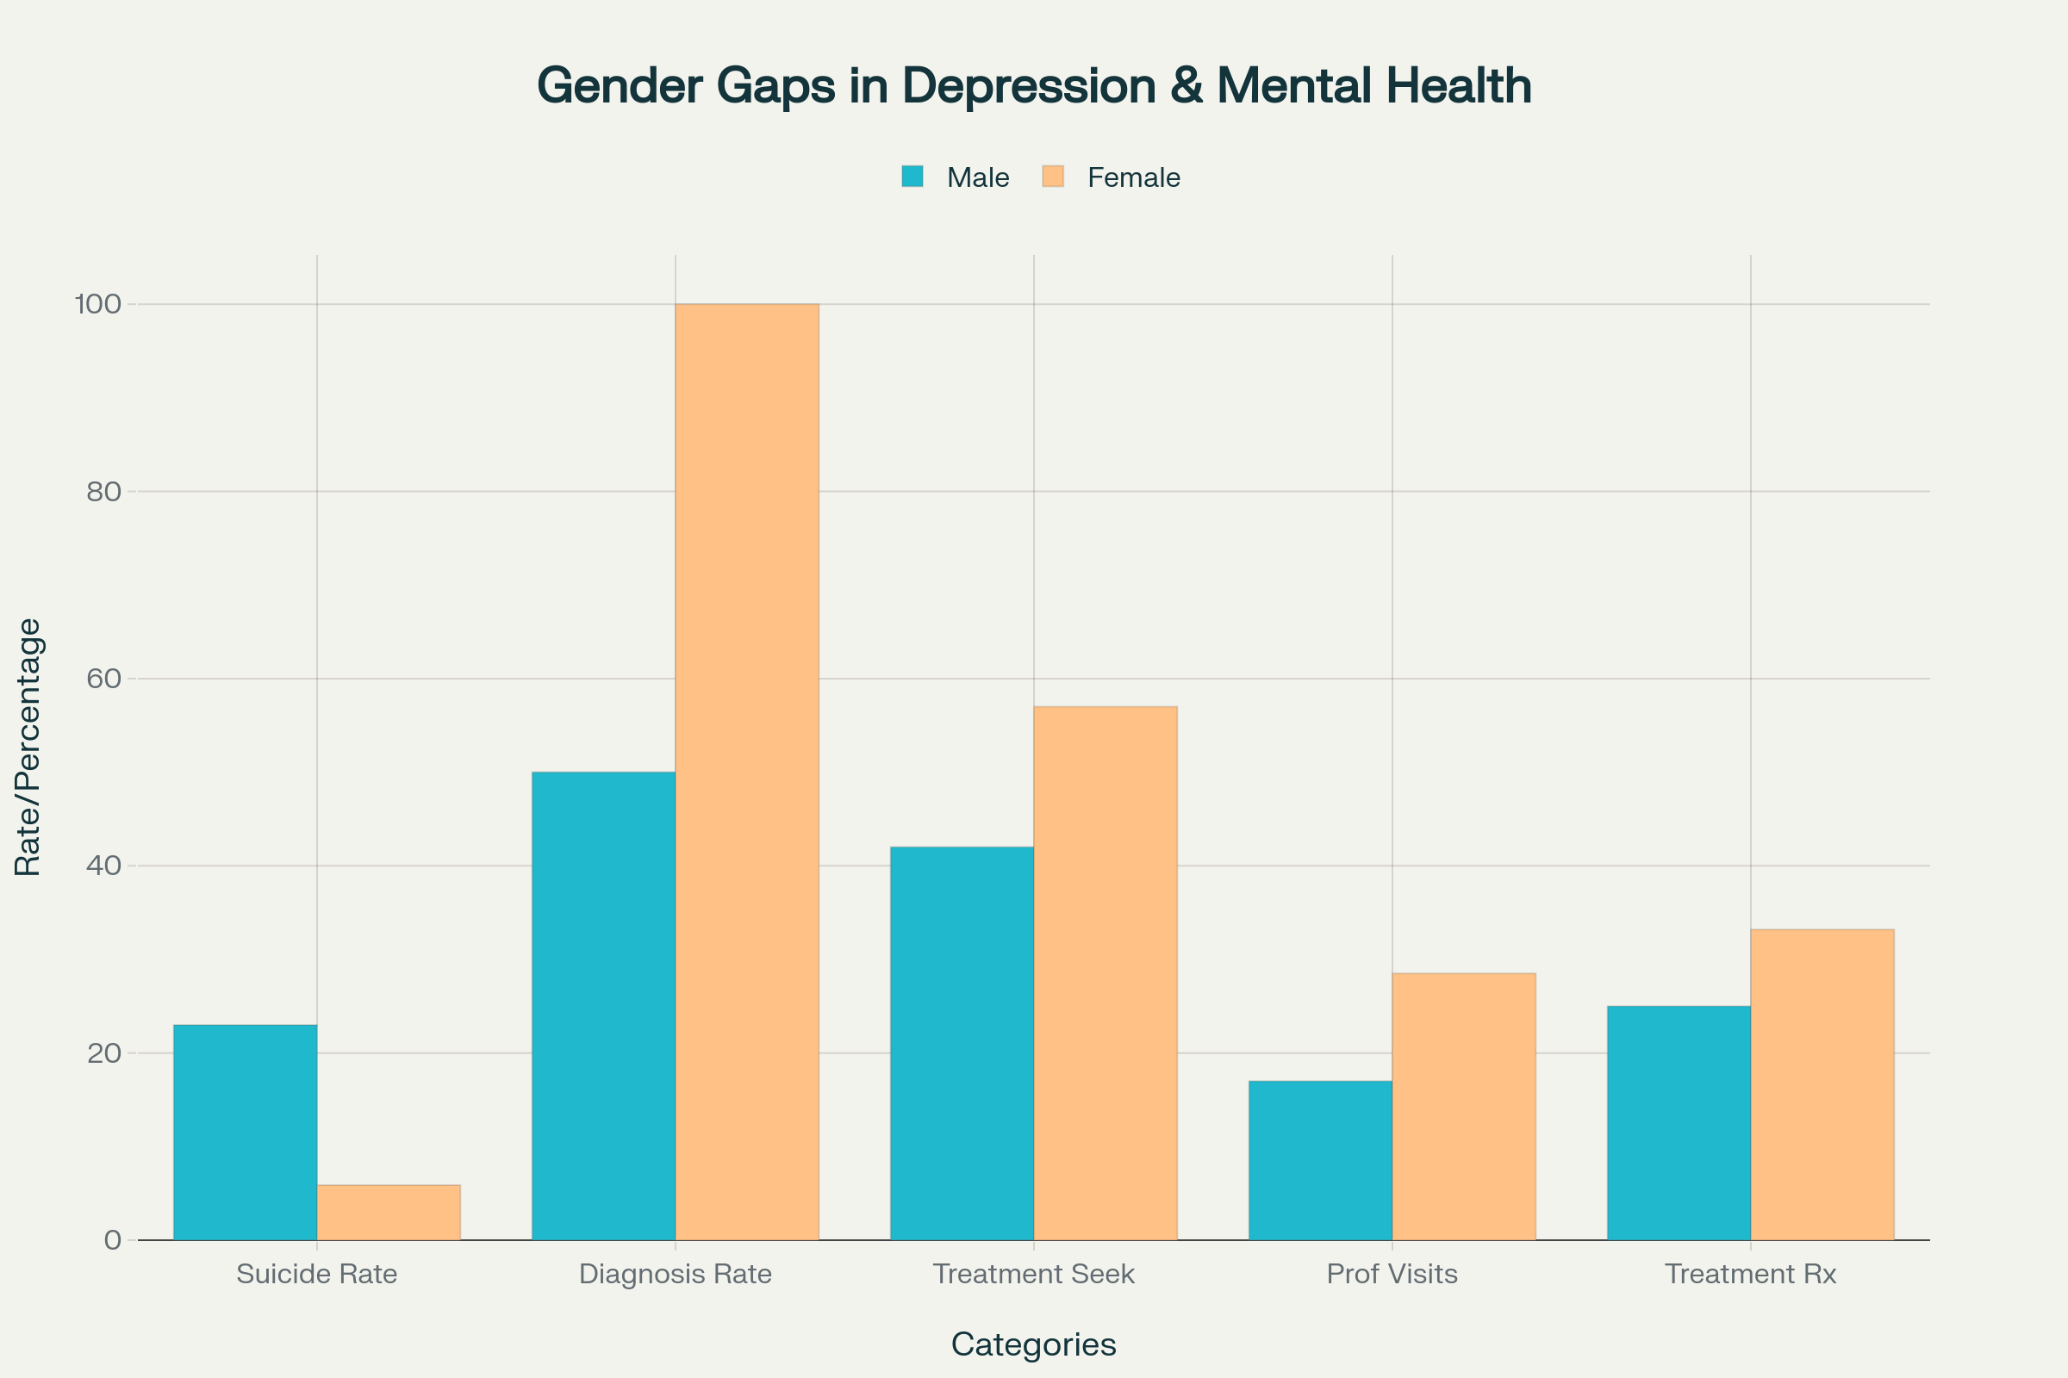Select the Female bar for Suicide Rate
click(389, 1213)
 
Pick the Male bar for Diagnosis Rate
click(603, 1006)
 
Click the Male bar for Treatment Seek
click(962, 1043)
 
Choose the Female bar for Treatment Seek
click(1106, 973)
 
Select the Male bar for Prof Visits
click(1320, 1160)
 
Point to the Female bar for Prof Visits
click(1464, 1107)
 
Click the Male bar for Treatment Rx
click(1679, 1123)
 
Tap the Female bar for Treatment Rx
click(1822, 1084)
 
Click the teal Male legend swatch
click(913, 177)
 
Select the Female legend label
click(1133, 177)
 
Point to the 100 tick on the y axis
click(97, 304)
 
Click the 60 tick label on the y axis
click(103, 679)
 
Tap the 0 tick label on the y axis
click(113, 1240)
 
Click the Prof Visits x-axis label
click(1392, 1274)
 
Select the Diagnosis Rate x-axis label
click(676, 1274)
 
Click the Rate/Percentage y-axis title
click(28, 747)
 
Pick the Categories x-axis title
click(1033, 1344)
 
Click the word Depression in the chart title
click(1031, 86)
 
